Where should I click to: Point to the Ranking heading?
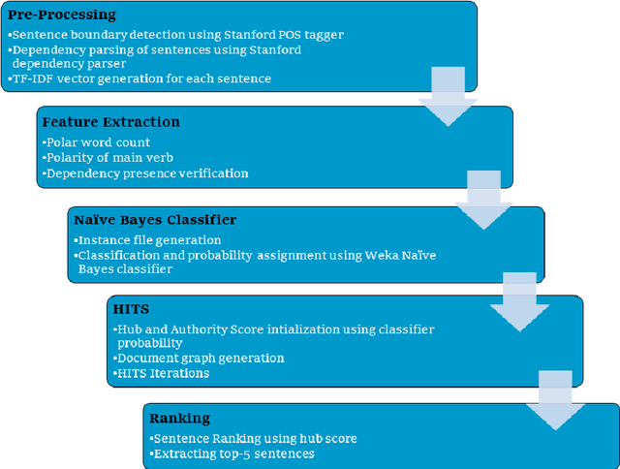tap(179, 418)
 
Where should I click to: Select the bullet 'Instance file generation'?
tap(147, 239)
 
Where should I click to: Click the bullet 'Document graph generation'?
tap(200, 358)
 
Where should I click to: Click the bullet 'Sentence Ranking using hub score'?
tap(254, 438)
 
